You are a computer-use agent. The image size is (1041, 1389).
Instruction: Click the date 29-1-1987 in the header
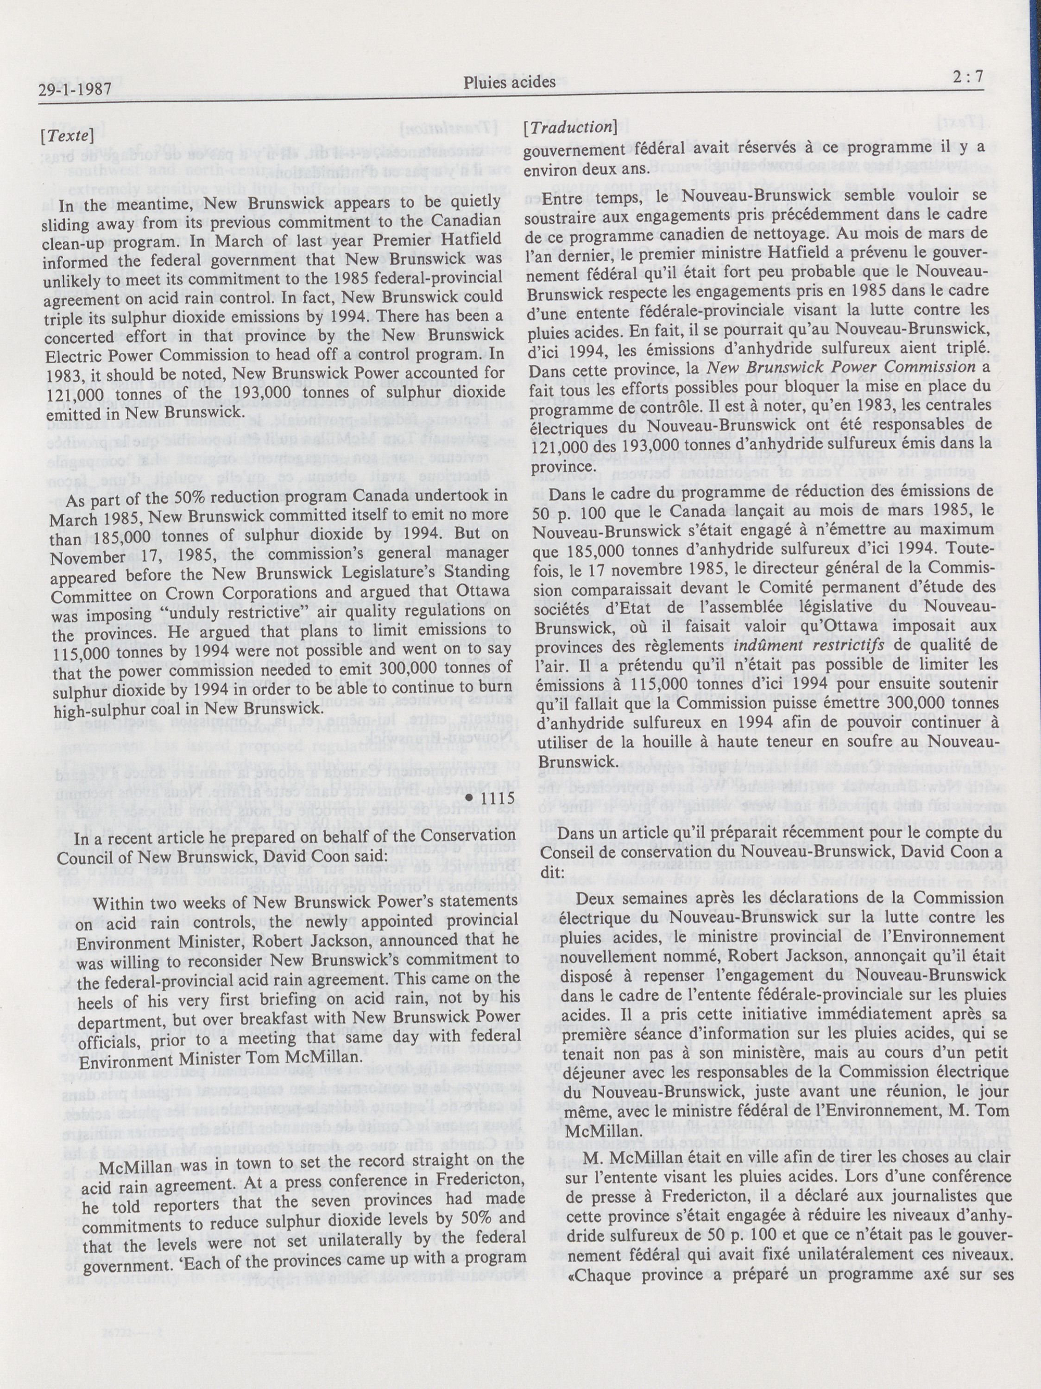[74, 90]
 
